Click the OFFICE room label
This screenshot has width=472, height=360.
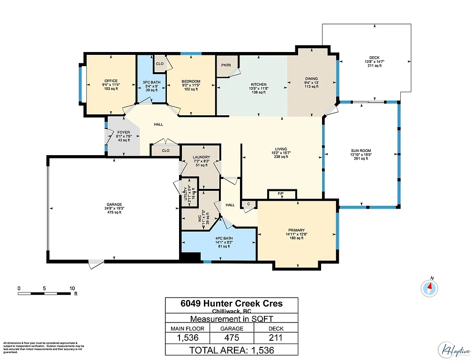(x=111, y=81)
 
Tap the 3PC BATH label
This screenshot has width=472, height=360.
(x=150, y=82)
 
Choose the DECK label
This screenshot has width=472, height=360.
(x=374, y=57)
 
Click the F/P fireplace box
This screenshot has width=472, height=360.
(x=282, y=194)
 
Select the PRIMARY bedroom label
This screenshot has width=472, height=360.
(x=296, y=230)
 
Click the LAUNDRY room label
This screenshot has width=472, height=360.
(x=200, y=157)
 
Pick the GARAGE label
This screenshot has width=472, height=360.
(x=114, y=204)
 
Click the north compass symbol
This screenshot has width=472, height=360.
(x=429, y=287)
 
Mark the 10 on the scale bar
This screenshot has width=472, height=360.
(x=72, y=288)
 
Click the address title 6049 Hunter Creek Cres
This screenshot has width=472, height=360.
(x=232, y=303)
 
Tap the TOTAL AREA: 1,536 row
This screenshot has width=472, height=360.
(x=232, y=350)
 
